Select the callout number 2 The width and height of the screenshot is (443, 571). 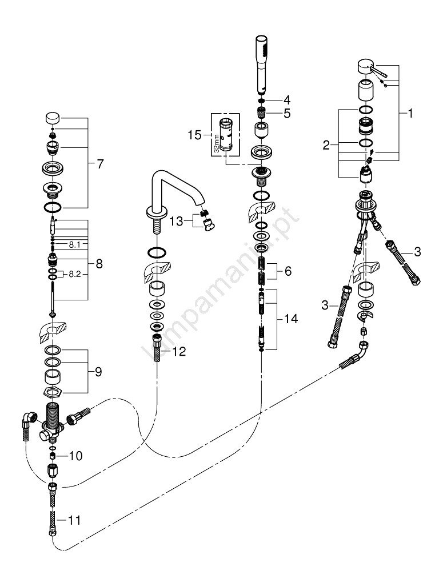(x=326, y=146)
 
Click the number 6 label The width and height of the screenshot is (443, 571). (x=288, y=272)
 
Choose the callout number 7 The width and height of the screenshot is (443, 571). (x=101, y=164)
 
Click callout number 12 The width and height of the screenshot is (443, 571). (x=178, y=352)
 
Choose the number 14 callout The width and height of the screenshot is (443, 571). (x=291, y=320)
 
